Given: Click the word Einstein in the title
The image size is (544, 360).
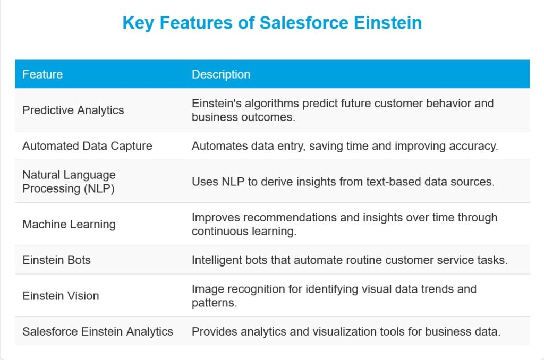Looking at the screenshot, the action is [x=387, y=23].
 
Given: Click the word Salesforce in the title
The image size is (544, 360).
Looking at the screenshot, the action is [x=303, y=23].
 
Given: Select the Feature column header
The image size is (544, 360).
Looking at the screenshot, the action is [x=42, y=74].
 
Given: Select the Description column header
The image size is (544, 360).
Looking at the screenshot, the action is [x=221, y=74].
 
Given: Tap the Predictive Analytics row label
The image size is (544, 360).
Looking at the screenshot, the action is [x=73, y=110].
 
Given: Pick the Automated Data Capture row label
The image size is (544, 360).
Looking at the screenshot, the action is [x=87, y=146].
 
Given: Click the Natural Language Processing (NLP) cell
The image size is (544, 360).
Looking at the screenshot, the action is [x=69, y=182].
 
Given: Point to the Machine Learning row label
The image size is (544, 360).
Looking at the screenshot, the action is [x=69, y=225].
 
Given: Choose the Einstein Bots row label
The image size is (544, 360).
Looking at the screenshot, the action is [x=56, y=260].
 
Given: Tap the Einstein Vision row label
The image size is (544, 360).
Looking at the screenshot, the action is [x=61, y=296].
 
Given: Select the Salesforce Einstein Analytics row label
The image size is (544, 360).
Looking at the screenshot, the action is [x=98, y=331].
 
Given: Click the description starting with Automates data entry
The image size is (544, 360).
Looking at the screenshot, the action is [x=345, y=146].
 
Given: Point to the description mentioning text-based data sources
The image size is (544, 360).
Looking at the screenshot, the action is [x=343, y=182].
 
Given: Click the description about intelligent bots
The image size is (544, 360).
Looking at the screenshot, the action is [x=350, y=260].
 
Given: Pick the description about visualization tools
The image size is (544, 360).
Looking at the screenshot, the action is [x=346, y=331].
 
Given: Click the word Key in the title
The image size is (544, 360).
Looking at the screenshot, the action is [x=138, y=23].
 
